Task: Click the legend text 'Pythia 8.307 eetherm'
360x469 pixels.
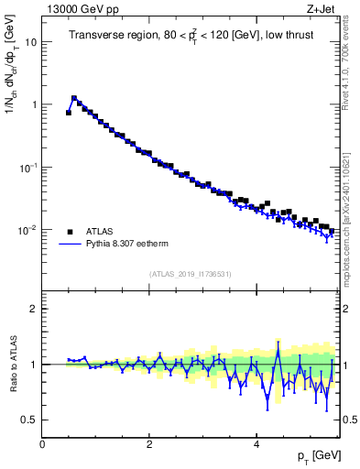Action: (x=133, y=245)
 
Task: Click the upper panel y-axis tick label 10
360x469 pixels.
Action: (x=30, y=42)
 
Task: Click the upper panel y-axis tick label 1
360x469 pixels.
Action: (x=33, y=104)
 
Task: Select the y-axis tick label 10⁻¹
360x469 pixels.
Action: (x=27, y=167)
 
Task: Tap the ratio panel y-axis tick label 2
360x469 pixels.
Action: (x=34, y=309)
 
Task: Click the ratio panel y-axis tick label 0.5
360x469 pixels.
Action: (x=29, y=420)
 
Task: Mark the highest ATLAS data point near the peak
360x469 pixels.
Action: (x=74, y=98)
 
